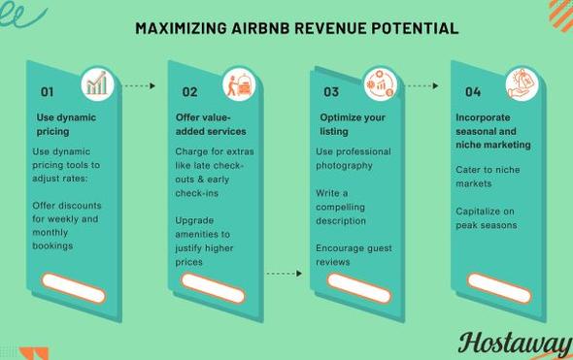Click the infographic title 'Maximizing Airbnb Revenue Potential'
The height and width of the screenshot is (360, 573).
296,28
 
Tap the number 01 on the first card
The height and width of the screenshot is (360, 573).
47,92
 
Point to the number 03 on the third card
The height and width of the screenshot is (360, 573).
331,92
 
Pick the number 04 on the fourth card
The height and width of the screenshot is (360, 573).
473,92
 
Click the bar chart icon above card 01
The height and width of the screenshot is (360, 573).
96,83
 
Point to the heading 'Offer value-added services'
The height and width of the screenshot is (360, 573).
210,124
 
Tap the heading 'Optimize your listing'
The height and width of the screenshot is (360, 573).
353,124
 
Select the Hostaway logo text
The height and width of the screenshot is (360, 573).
515,343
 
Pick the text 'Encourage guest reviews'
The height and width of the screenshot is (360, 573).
353,255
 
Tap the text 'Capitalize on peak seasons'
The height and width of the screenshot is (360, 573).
486,218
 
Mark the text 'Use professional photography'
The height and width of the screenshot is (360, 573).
353,158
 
